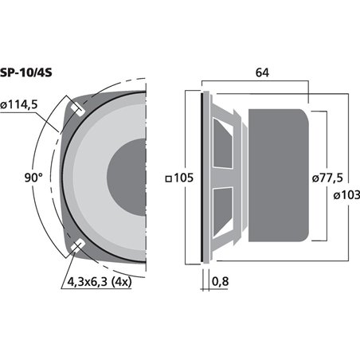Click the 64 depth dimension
pos(261,74)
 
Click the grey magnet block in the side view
pos(279,176)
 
